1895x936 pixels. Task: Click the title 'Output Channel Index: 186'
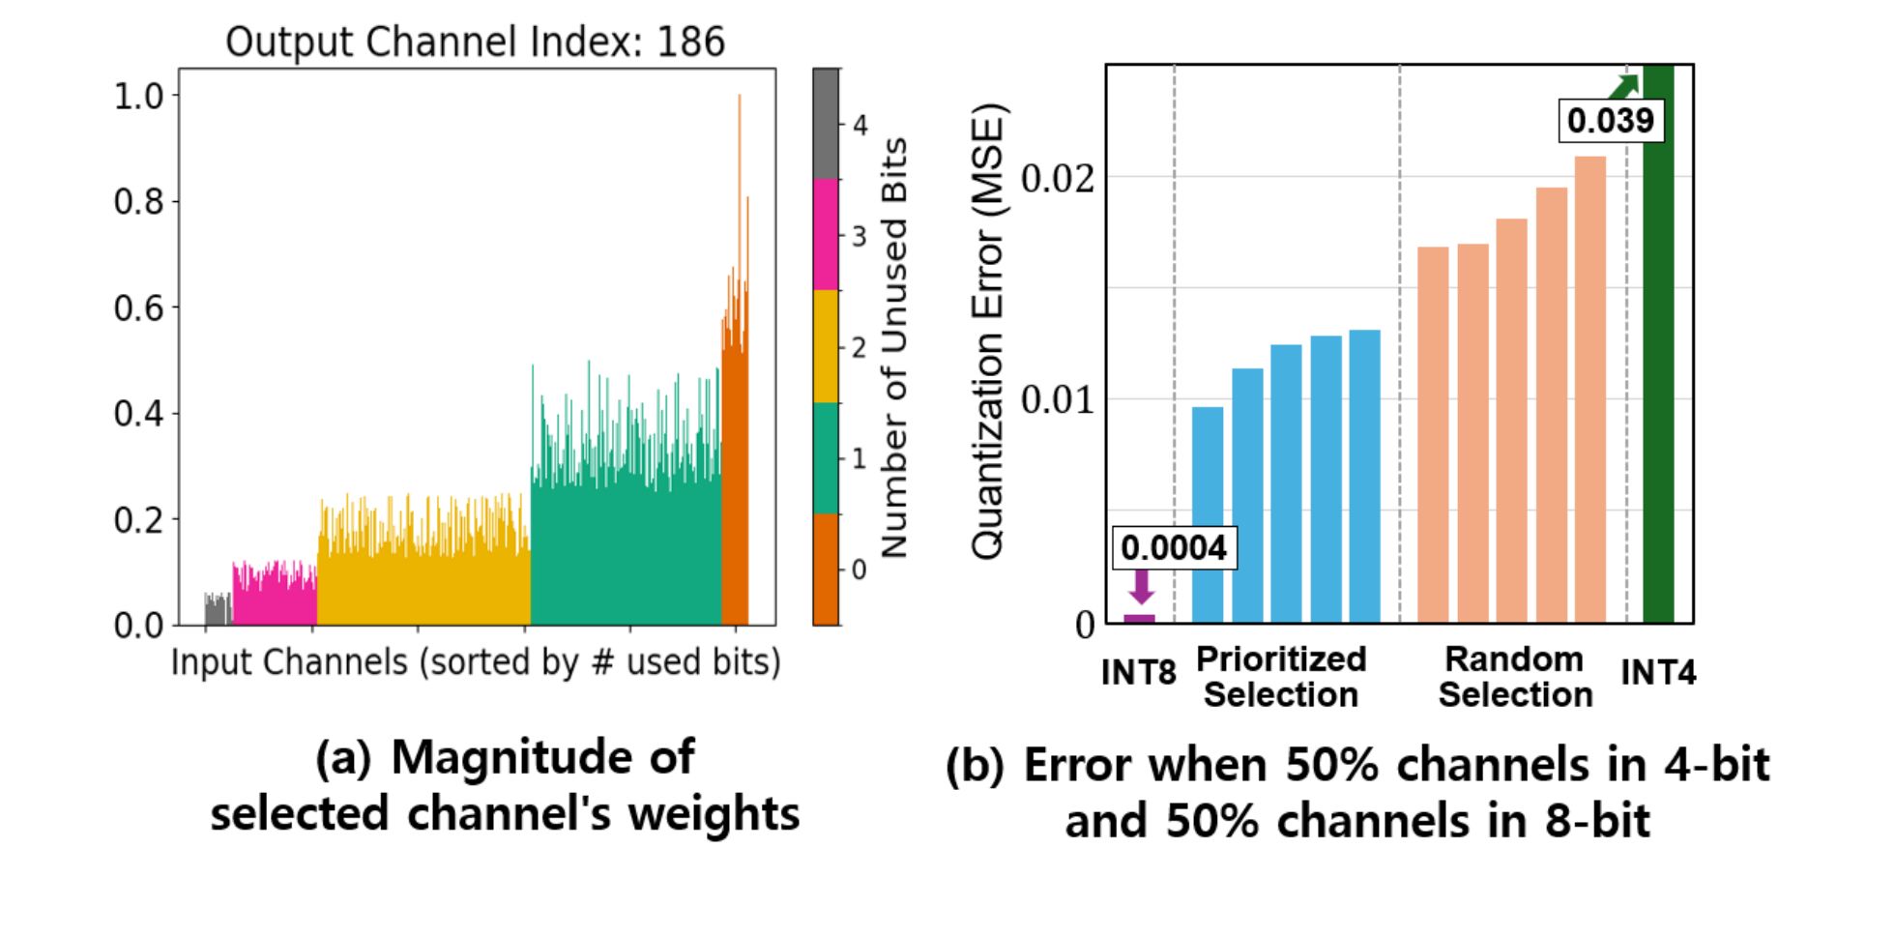475,43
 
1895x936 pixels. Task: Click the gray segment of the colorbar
826,123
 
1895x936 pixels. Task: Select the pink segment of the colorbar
826,234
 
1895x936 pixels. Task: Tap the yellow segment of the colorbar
826,346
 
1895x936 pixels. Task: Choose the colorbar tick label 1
859,458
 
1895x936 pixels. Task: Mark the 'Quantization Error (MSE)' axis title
988,331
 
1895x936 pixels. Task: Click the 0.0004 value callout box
1174,548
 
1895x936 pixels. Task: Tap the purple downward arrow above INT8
1142,586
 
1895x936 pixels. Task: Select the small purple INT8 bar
1139,619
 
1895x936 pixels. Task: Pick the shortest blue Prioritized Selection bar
1208,514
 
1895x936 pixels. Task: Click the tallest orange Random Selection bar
1590,389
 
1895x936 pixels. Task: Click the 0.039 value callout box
1611,121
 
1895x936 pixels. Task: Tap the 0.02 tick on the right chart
1059,179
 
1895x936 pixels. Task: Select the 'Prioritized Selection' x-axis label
1281,677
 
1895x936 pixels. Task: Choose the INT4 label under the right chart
1658,672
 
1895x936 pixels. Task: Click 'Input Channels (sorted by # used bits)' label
476,662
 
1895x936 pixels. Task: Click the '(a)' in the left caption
343,758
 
